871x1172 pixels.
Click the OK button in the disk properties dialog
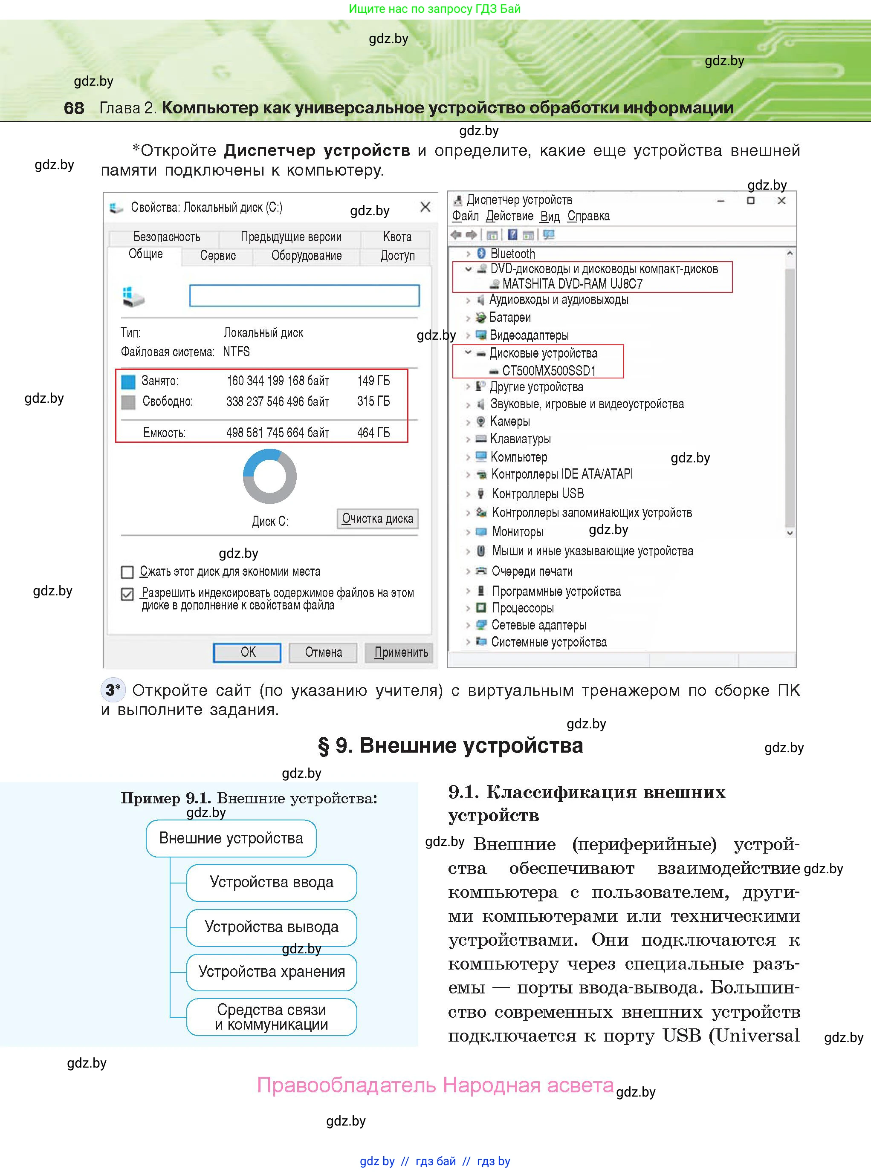pos(247,652)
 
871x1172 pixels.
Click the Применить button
pos(401,652)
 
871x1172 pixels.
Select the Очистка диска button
pos(377,519)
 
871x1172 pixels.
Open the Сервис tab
pos(218,256)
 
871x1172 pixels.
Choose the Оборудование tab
pos(307,256)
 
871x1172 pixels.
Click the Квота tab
pos(397,237)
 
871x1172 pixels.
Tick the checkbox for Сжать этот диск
pos(127,572)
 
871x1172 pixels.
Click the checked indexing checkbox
pos(127,594)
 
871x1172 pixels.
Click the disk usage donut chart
pos(269,476)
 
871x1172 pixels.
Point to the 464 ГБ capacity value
pos(373,433)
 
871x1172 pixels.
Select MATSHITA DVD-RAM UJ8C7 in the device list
pos(572,284)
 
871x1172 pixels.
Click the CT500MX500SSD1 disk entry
pos(548,370)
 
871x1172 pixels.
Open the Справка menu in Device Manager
pos(588,216)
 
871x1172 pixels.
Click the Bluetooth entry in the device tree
pos(512,254)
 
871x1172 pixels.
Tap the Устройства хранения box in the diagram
pos(272,971)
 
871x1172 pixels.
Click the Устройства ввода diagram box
pos(272,882)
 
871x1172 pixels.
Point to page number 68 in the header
pos(74,108)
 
